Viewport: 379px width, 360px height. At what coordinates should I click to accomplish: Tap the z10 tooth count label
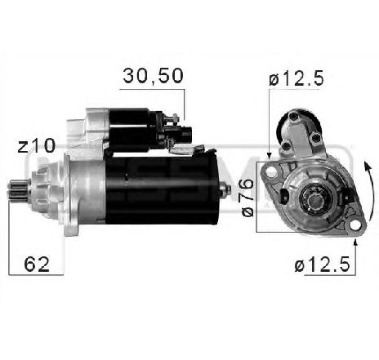tap(37, 146)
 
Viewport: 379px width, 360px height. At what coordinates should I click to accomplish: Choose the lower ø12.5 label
tap(322, 264)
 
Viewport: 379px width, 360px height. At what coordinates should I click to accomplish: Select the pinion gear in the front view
tap(310, 198)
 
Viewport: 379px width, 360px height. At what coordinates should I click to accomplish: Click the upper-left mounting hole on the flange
tap(270, 172)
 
